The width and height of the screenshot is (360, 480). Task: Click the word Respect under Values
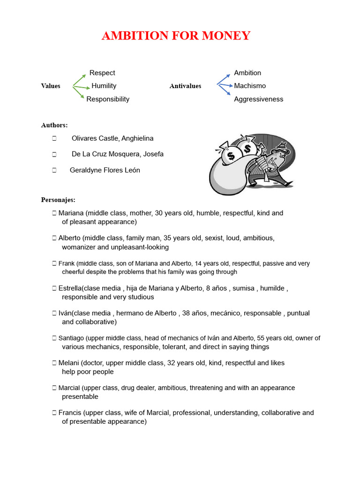[x=102, y=73]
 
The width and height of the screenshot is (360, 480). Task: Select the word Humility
[x=104, y=86]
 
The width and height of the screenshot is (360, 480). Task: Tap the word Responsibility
[x=108, y=99]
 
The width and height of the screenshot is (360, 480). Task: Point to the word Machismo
[x=250, y=86]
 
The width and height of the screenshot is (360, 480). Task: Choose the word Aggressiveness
[x=259, y=99]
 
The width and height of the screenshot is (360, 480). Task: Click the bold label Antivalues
[x=185, y=86]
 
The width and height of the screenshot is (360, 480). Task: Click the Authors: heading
[x=54, y=125]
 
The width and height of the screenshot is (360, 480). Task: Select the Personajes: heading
[x=58, y=200]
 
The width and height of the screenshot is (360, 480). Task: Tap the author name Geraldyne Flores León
[x=105, y=170]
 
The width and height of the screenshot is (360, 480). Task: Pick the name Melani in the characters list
[x=69, y=363]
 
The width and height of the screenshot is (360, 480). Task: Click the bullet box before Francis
[x=54, y=413]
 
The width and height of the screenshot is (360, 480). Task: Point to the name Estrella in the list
[x=70, y=288]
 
